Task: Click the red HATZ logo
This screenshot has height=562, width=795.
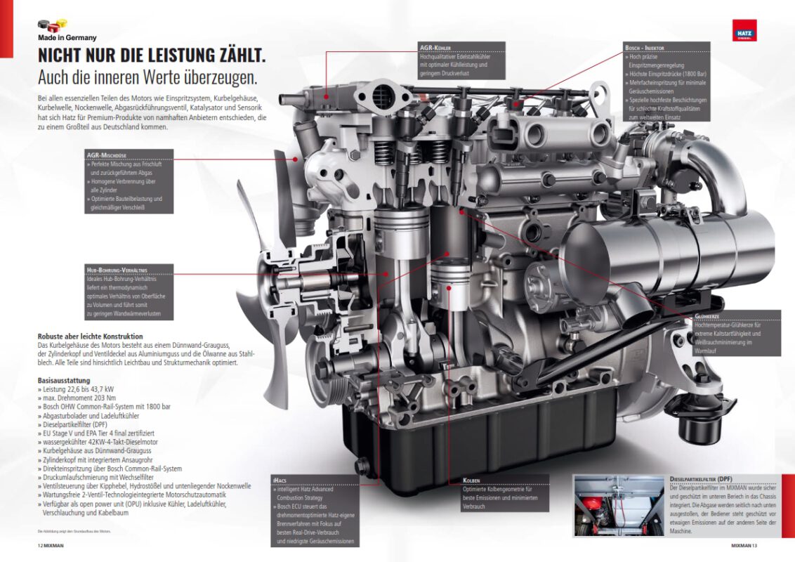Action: (744, 30)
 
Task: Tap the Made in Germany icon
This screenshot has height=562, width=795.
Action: (52, 25)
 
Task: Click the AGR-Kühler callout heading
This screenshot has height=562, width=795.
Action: (435, 48)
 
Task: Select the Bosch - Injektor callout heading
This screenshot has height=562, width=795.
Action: (645, 48)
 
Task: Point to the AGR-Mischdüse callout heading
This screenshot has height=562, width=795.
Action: (107, 155)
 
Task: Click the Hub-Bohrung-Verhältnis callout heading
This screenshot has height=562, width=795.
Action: (117, 270)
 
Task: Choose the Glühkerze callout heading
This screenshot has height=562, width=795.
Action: (707, 316)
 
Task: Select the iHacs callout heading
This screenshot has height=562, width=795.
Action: (280, 481)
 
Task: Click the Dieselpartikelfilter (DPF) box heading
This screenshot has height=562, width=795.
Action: (701, 479)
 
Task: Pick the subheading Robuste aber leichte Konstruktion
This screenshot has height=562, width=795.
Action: (91, 336)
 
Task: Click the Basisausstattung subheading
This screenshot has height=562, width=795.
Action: (64, 381)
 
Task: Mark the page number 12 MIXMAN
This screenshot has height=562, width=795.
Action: (51, 546)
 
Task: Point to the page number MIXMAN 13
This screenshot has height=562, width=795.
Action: (744, 546)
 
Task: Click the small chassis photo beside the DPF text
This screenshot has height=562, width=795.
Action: (619, 506)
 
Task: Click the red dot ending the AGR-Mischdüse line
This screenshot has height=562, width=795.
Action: (295, 159)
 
